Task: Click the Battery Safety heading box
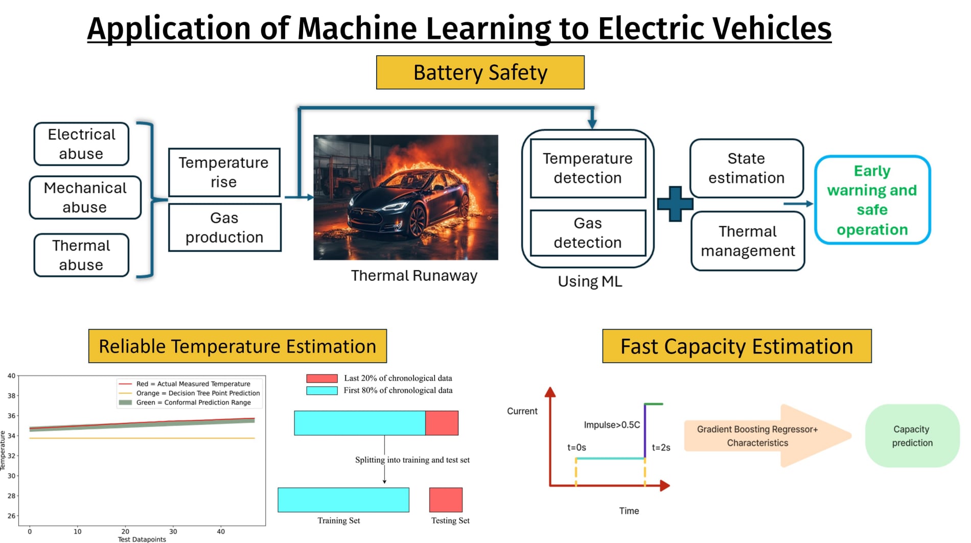480,73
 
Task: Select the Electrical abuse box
81,144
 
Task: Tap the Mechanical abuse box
85,198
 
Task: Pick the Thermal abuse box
81,255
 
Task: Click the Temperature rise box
224,172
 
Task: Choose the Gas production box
224,227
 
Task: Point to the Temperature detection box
588,168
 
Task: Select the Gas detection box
588,233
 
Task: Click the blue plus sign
675,204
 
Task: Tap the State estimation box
746,168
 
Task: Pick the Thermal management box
748,241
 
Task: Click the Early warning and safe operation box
872,200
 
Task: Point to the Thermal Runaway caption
414,276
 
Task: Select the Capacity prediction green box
912,436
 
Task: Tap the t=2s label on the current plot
661,447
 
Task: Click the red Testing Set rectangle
446,500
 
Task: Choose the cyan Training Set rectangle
343,500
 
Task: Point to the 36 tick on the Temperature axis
11,416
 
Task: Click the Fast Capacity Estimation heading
737,346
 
